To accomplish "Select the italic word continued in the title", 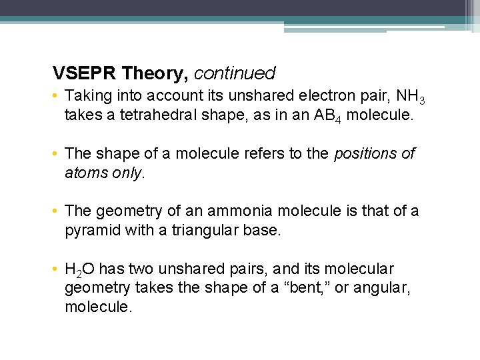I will pyautogui.click(x=235, y=72).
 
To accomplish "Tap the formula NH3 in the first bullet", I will pyautogui.click(x=407, y=97).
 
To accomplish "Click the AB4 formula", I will pyautogui.click(x=327, y=115).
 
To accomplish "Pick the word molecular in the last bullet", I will pyautogui.click(x=360, y=269).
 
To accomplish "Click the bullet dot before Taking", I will pyautogui.click(x=57, y=97).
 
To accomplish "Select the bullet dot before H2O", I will pyautogui.click(x=57, y=269).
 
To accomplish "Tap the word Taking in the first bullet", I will pyautogui.click(x=87, y=97).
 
